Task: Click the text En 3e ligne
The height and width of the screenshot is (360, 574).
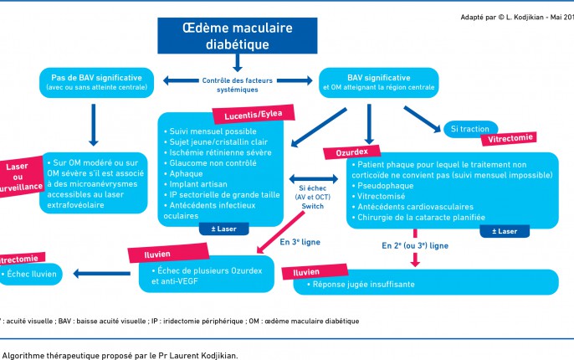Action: click(300, 243)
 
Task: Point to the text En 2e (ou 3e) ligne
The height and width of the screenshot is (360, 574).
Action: click(414, 246)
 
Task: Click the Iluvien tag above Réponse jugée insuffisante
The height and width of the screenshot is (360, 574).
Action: click(305, 272)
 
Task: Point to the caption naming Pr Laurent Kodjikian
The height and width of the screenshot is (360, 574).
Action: click(120, 355)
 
